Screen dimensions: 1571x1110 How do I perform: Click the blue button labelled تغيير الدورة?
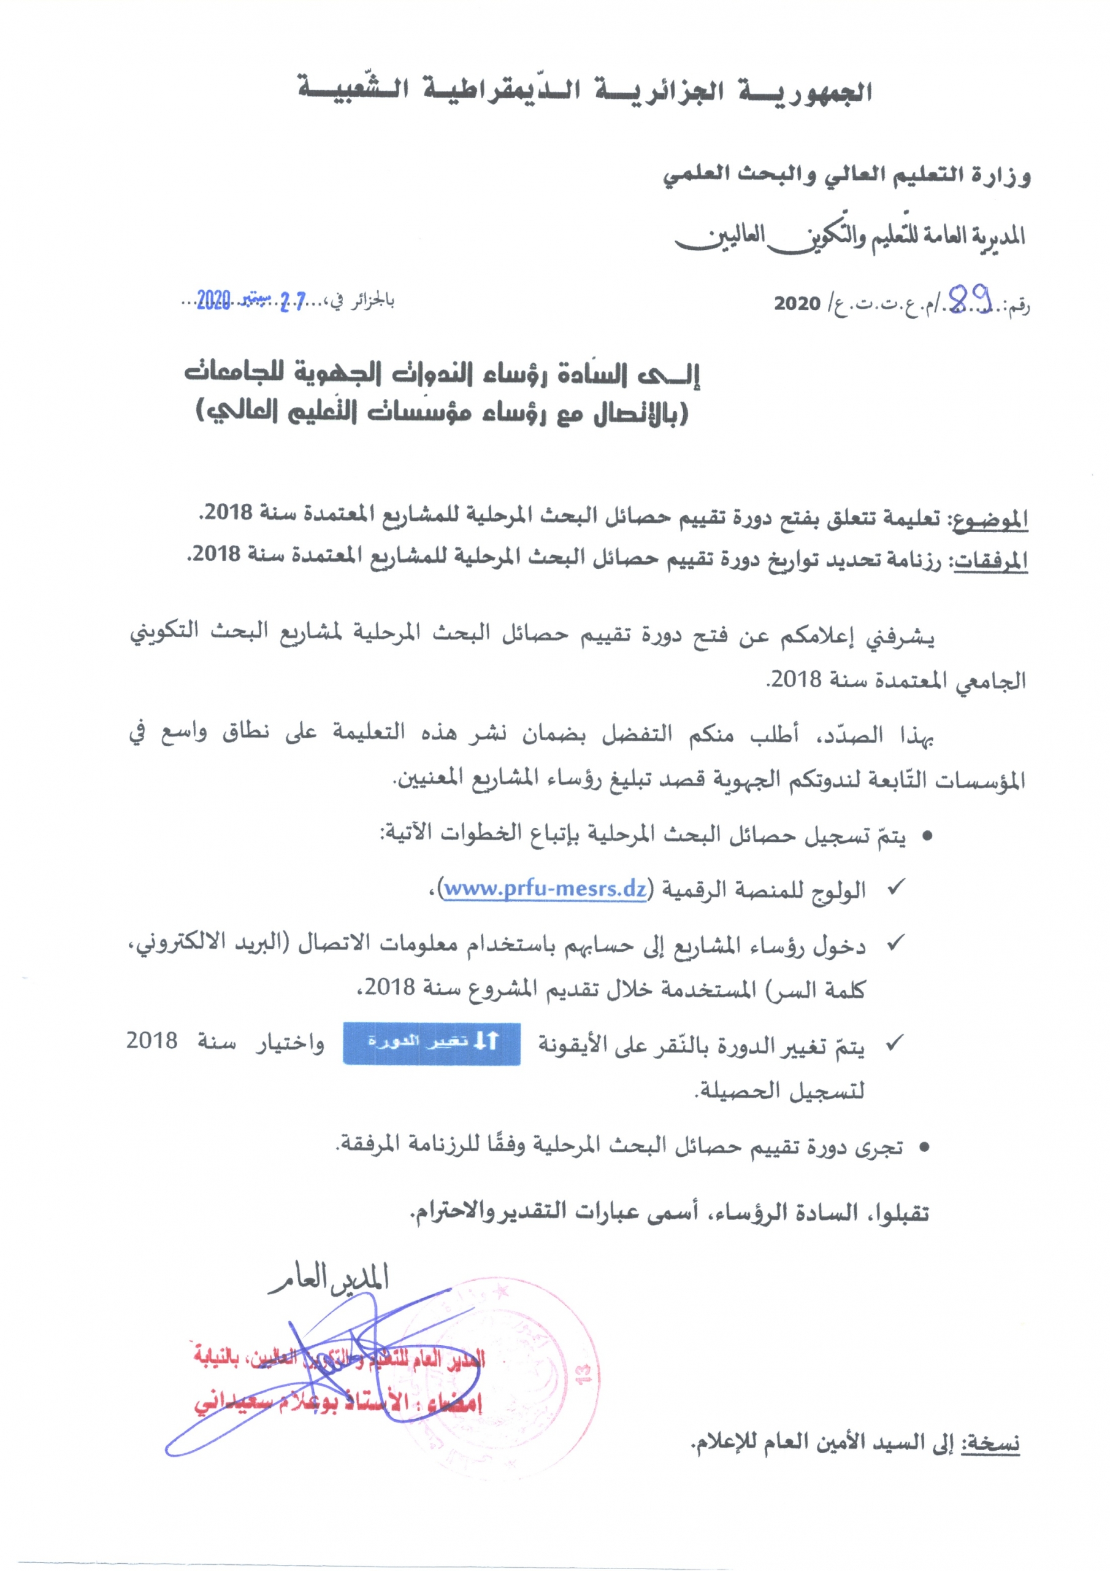tap(432, 1044)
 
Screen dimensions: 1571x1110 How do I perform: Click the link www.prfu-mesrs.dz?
tap(545, 889)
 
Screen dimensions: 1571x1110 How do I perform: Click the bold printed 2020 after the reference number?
tap(797, 303)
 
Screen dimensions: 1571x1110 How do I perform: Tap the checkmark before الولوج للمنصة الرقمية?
tap(895, 887)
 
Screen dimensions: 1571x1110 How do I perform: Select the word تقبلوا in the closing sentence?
tap(900, 1214)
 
